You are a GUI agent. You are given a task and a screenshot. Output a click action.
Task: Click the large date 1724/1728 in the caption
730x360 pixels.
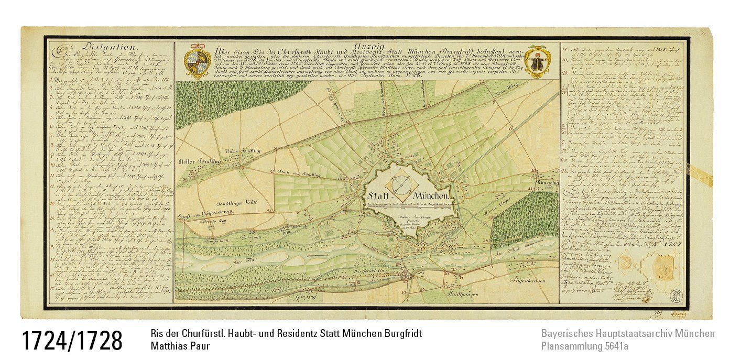tap(72, 341)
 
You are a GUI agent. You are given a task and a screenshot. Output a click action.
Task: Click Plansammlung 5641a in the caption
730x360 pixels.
tap(585, 346)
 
